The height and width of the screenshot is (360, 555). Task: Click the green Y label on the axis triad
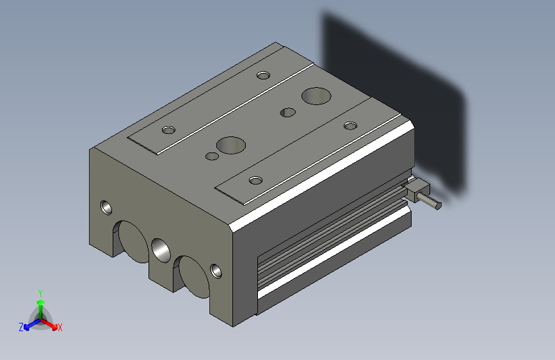tap(40, 291)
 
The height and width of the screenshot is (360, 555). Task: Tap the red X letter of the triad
tap(60, 328)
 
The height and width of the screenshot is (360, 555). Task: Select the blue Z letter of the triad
tap(21, 327)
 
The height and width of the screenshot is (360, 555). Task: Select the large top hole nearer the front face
tap(231, 145)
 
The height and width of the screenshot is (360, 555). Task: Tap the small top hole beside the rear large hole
tap(288, 113)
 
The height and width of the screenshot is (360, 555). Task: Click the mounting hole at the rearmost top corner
tap(262, 76)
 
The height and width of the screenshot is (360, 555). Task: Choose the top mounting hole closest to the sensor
tap(350, 125)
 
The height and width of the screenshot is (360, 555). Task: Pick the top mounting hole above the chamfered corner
tap(255, 180)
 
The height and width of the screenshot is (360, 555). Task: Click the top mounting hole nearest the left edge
tap(168, 130)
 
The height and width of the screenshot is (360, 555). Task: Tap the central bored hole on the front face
tap(161, 249)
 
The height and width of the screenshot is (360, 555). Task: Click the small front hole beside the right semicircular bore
tap(217, 270)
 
